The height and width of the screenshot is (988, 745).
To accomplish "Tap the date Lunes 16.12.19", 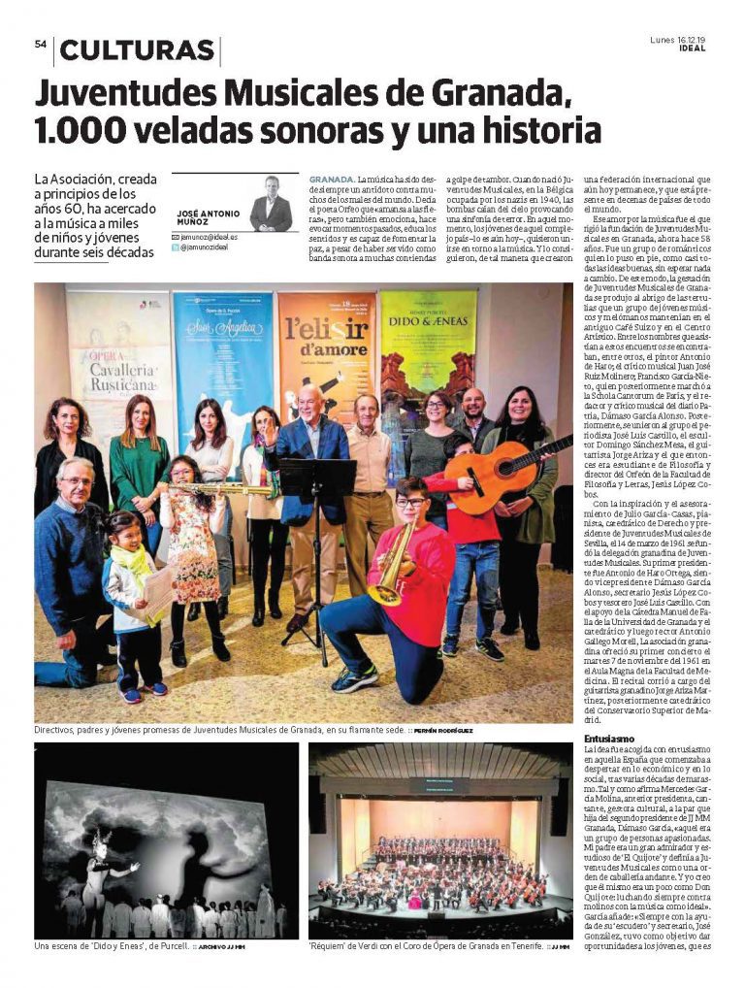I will click(680, 39).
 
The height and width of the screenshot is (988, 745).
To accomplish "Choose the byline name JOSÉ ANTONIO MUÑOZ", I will click(209, 218).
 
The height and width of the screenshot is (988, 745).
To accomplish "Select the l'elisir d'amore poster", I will click(325, 359).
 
